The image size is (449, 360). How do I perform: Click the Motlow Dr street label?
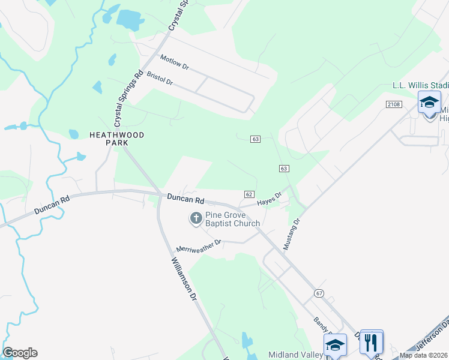(x=174, y=62)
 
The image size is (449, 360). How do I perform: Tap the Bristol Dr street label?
(x=160, y=78)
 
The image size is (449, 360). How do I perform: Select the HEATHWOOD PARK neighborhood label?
(x=116, y=139)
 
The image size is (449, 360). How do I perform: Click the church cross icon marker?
(x=196, y=219)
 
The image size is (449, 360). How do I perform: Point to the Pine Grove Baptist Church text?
(x=232, y=219)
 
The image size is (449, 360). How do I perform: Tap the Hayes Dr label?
(x=270, y=199)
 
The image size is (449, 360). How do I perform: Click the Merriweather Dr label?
(x=199, y=245)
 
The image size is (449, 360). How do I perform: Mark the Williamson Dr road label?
(x=184, y=279)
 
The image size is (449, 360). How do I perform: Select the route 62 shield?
(x=250, y=194)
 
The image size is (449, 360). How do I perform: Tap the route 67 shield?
(x=318, y=293)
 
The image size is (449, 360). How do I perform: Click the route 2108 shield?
(x=393, y=104)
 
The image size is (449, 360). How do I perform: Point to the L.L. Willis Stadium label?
(x=420, y=85)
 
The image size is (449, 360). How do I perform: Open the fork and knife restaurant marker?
(x=372, y=342)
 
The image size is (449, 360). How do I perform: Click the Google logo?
(x=20, y=353)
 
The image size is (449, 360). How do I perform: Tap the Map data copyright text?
(x=424, y=355)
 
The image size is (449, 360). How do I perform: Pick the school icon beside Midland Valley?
(x=335, y=345)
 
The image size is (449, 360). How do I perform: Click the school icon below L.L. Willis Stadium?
(x=429, y=102)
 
